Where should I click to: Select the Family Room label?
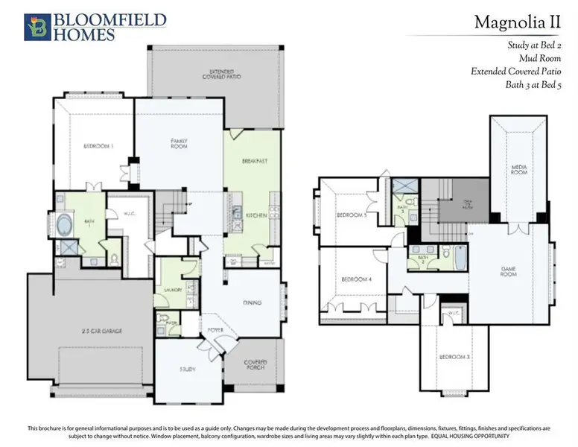tap(179, 143)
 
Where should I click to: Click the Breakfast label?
tap(255, 161)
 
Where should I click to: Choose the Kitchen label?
tap(256, 215)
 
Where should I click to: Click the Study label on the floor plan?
tap(188, 368)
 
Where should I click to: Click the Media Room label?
tap(519, 169)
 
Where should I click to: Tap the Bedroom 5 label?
tap(349, 215)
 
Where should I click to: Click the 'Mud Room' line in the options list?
tap(540, 57)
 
